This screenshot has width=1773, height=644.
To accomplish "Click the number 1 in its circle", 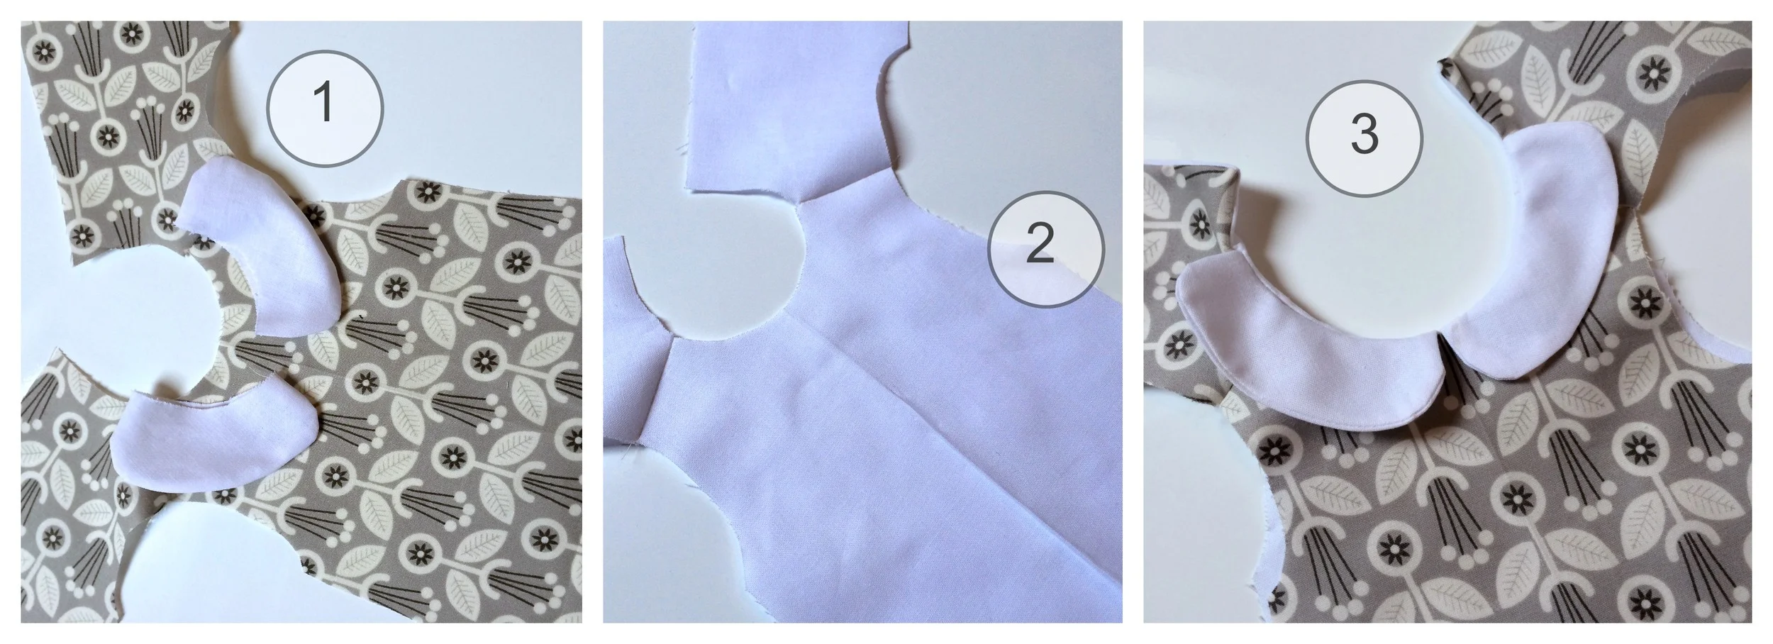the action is pyautogui.click(x=324, y=104).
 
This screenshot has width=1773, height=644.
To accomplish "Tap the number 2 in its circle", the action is pyautogui.click(x=1040, y=244).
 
